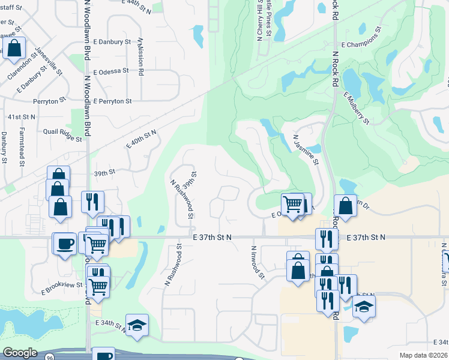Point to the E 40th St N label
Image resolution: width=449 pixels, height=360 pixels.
(141, 139)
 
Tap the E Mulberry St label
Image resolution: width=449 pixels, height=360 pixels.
(357, 108)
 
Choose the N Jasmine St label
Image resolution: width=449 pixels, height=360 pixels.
(306, 149)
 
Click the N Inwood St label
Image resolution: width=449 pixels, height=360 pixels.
(257, 262)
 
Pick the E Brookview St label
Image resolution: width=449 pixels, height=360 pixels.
(62, 285)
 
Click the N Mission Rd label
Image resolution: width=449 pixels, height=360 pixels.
(141, 56)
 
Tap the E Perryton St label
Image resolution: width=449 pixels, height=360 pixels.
(112, 101)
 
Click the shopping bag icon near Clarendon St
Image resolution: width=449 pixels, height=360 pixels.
(15, 49)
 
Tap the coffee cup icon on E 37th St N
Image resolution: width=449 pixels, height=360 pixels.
(65, 244)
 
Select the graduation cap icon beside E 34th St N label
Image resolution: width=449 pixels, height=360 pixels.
(137, 325)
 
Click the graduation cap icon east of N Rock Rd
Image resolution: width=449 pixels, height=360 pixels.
(364, 306)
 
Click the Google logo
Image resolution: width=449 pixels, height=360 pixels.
(20, 353)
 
